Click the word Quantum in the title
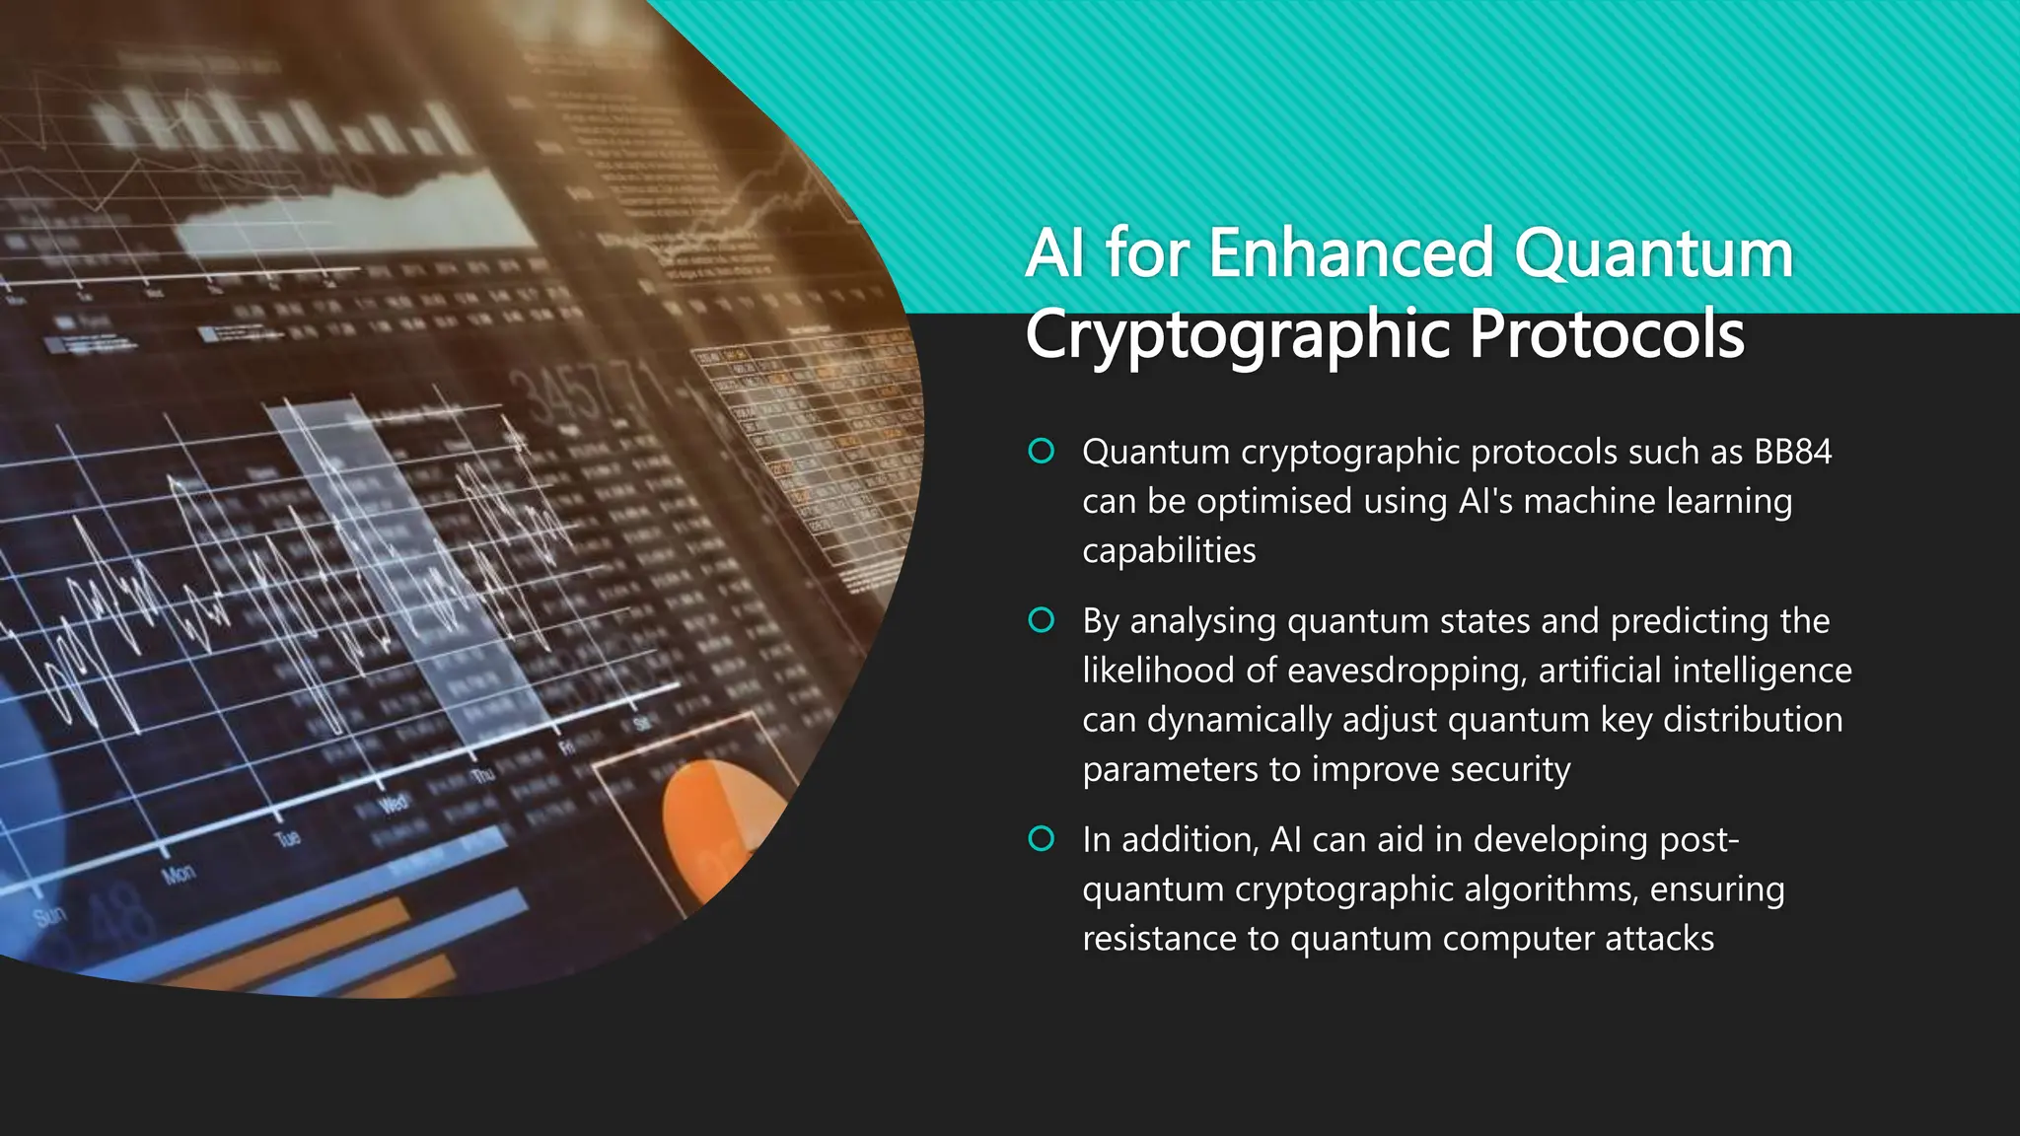pos(1653,254)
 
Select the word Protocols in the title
pos(1607,334)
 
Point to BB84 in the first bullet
pos(1792,452)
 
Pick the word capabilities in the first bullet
pos(1169,550)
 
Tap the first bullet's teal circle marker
pos(1042,452)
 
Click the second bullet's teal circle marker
pos(1042,620)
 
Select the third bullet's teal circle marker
pos(1042,839)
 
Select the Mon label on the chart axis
pos(179,874)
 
